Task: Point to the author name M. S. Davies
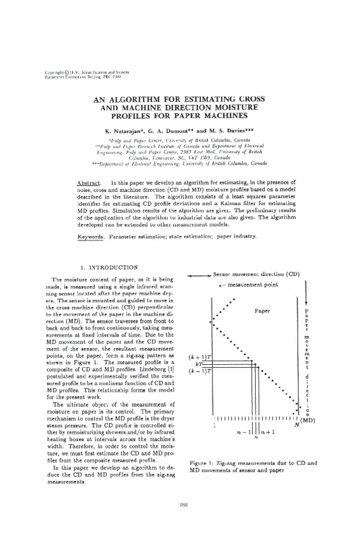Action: coord(229,130)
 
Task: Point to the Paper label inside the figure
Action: coord(262,311)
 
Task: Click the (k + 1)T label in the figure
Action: coord(199,356)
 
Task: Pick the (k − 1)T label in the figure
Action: coord(199,372)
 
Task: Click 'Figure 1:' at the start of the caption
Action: coord(203,463)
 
